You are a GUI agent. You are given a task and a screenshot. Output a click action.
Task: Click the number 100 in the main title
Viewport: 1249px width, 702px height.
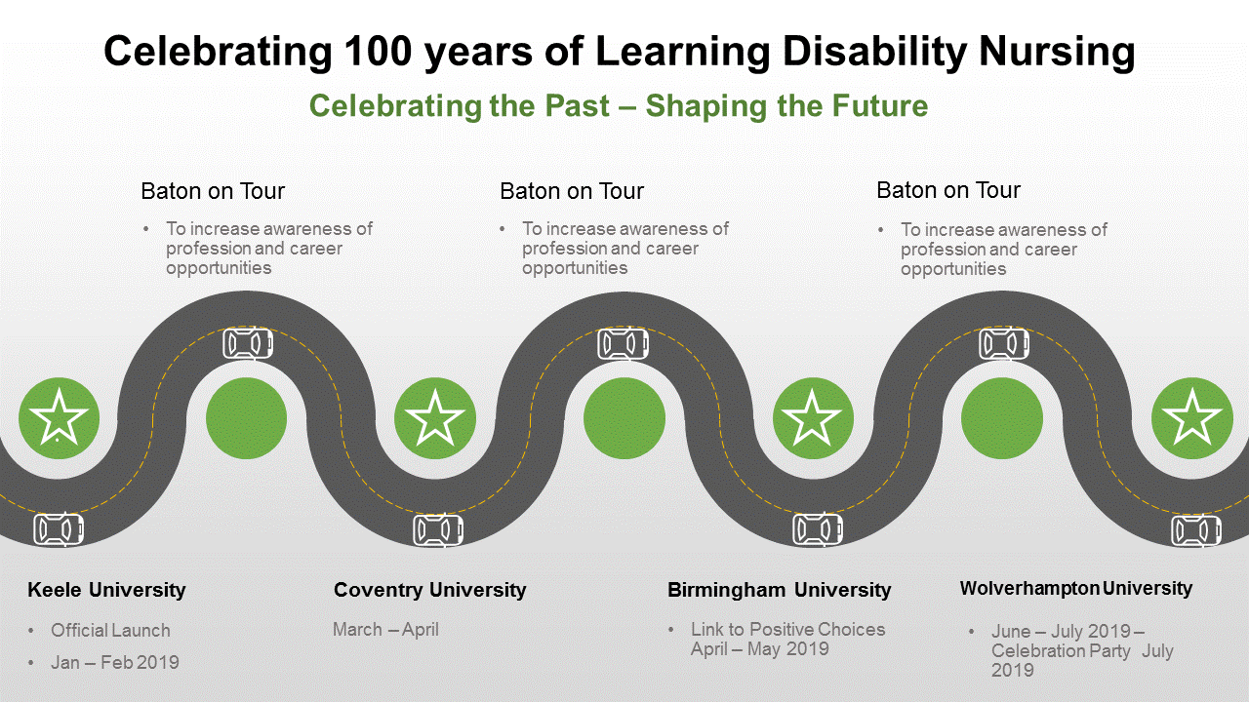click(378, 52)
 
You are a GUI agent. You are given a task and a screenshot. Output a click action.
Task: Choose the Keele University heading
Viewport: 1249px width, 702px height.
click(106, 590)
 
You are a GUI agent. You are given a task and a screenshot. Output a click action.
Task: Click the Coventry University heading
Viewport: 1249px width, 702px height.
click(430, 590)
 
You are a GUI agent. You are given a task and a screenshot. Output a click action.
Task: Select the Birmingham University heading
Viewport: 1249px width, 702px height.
click(779, 590)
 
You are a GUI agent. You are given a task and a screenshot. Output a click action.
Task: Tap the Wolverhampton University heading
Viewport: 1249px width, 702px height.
click(1076, 588)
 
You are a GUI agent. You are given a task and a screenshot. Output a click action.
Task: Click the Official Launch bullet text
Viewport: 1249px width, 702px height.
click(110, 630)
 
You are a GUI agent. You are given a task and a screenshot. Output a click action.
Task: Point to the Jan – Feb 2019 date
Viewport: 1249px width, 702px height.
click(115, 662)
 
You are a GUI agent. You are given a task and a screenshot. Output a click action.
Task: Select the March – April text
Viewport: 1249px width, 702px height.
click(385, 630)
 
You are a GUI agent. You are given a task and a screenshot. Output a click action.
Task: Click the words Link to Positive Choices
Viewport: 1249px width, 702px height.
click(787, 629)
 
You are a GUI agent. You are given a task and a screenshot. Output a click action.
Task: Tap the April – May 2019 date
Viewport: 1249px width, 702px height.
click(760, 649)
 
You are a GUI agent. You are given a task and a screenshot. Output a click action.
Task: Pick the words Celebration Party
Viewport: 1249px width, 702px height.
click(1061, 650)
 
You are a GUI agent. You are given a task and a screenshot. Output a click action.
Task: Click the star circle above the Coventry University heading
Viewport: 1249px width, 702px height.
click(435, 418)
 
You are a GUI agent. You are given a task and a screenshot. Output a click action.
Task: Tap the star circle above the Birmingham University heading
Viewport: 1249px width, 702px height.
click(813, 418)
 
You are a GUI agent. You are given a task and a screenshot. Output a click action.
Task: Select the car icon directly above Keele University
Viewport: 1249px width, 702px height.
click(59, 528)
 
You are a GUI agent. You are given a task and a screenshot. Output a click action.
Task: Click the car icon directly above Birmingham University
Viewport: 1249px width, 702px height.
click(818, 529)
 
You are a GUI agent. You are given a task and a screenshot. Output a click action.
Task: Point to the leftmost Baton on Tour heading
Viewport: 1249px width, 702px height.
click(213, 191)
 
